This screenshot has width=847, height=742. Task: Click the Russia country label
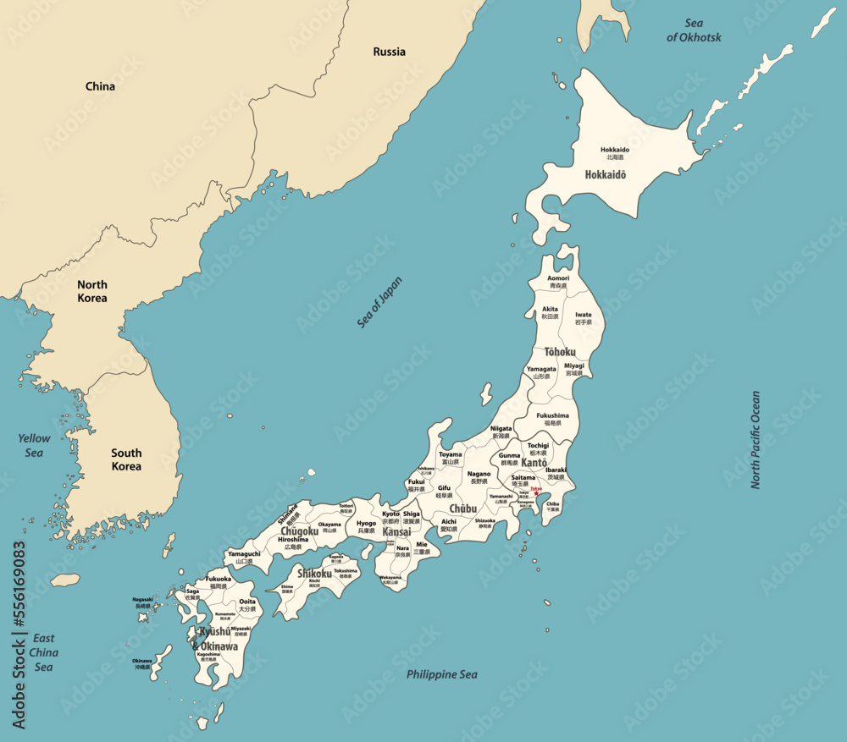(389, 52)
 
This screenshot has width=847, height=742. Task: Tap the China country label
(100, 86)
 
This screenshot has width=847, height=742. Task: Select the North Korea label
(91, 291)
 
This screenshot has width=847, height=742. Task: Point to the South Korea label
(126, 459)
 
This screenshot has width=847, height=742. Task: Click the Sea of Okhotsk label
(694, 30)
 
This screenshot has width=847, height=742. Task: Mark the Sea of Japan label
(380, 302)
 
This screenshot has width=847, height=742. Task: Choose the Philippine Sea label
(441, 674)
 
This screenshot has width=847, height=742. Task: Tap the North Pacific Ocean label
(756, 439)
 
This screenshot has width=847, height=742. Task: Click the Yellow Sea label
(34, 445)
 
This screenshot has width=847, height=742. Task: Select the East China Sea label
(43, 652)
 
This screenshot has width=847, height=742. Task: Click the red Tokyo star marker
(536, 493)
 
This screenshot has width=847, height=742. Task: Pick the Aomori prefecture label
(558, 282)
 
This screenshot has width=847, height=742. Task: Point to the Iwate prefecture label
(584, 318)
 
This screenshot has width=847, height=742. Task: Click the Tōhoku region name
(560, 351)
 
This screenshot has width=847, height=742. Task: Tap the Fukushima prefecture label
(553, 419)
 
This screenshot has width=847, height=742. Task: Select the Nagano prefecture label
(479, 477)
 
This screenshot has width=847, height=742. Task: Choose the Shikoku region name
(314, 574)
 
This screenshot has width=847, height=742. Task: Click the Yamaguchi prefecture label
(244, 557)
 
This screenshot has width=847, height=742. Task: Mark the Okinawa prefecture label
(141, 663)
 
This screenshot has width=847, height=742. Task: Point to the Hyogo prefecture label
(366, 526)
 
